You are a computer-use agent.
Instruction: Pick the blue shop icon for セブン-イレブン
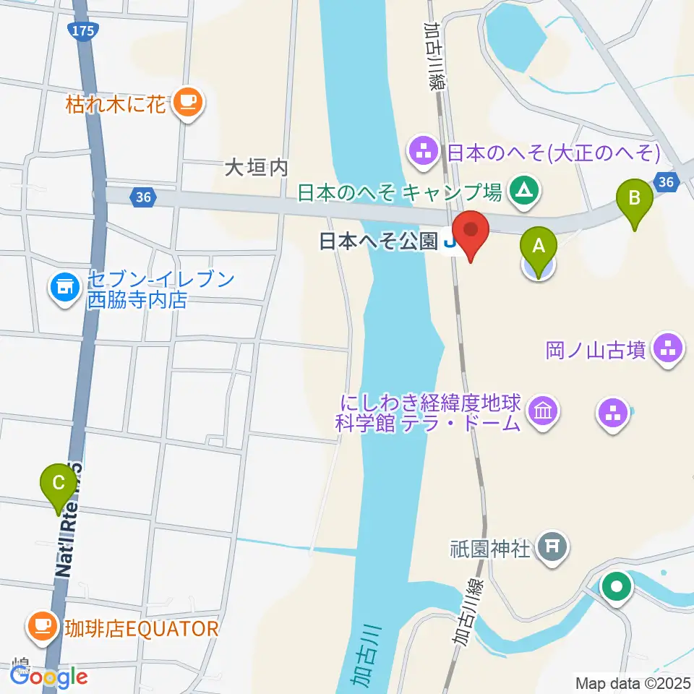[x=64, y=288]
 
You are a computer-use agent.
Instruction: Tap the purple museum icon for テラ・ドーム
[x=541, y=413]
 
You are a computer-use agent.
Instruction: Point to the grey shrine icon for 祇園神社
[x=554, y=544]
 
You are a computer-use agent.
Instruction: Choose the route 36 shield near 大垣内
[x=143, y=195]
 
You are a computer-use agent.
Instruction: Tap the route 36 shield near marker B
[x=667, y=181]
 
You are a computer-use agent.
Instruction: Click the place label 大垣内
[x=256, y=168]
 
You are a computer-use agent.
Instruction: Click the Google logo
[x=49, y=677]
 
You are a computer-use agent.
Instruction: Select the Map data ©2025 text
[x=633, y=682]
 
